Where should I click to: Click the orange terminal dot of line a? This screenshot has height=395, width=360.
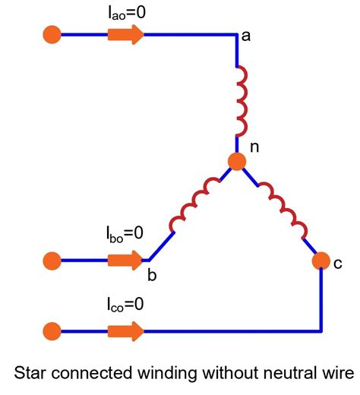[x=52, y=34]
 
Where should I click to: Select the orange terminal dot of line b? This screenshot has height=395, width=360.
[x=52, y=260]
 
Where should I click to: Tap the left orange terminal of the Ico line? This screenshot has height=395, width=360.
[x=52, y=330]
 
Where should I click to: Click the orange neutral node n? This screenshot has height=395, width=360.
[x=236, y=161]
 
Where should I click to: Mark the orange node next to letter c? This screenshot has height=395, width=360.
[x=321, y=261]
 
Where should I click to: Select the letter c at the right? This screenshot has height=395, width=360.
[x=338, y=263]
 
